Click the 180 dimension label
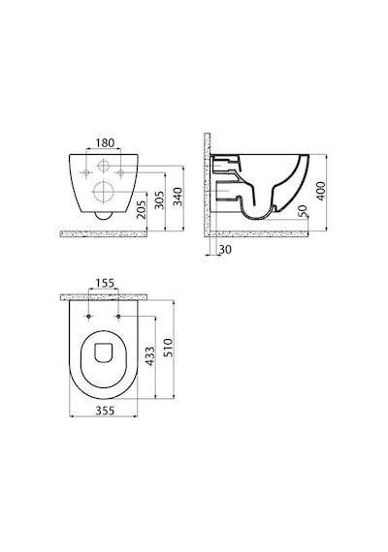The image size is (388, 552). click(105, 143)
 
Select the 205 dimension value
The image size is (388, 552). click(141, 210)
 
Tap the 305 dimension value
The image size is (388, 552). click(159, 199)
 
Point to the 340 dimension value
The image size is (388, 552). click(178, 197)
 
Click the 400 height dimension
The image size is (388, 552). click(320, 191)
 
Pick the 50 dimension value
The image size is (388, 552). click(303, 210)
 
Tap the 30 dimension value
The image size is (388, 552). click(225, 249)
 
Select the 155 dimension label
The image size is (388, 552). click(105, 283)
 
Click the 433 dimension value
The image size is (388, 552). click(150, 356)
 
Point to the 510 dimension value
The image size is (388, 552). click(169, 348)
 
